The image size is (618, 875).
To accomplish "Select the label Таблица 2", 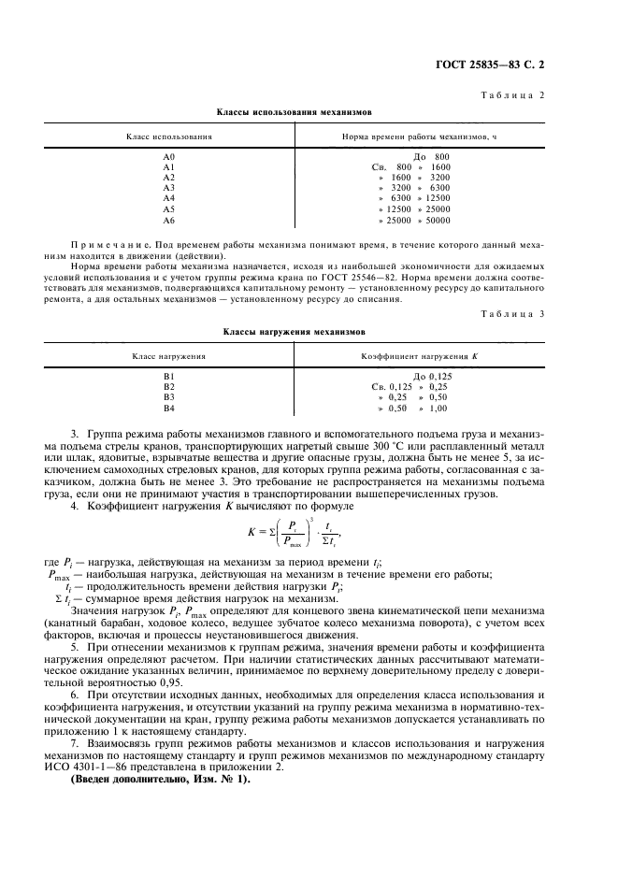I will [521, 96].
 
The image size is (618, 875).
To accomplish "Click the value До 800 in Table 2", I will [431, 156].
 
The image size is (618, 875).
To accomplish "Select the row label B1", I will [169, 376].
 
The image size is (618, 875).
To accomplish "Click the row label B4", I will [169, 408].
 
